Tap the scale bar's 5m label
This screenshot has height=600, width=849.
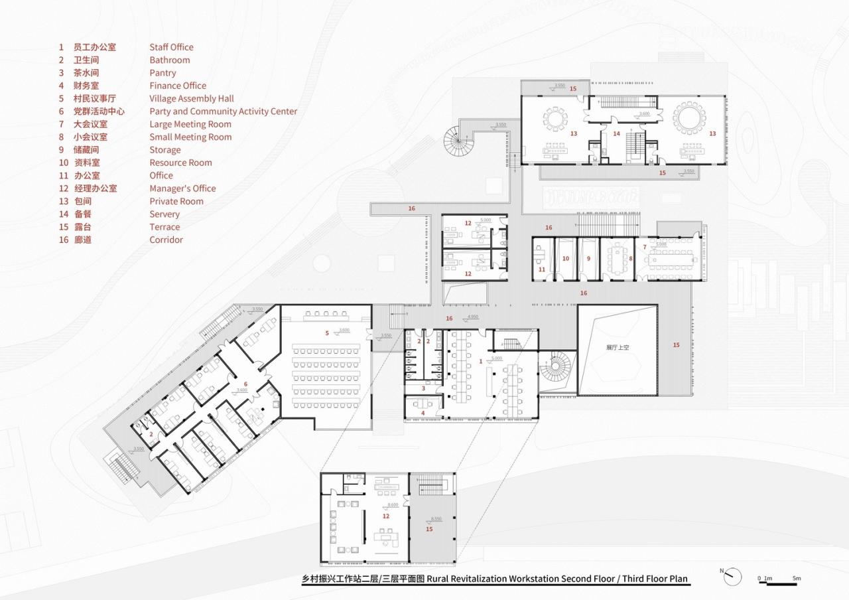(797, 579)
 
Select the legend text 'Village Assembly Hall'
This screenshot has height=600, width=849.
(192, 99)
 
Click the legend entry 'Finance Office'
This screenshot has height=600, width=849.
(178, 86)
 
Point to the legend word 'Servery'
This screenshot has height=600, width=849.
(164, 214)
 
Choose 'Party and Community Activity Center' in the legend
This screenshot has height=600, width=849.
(223, 112)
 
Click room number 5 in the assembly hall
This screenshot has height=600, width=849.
(327, 333)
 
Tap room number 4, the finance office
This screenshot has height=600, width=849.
(423, 413)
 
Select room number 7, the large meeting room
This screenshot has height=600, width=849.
(644, 247)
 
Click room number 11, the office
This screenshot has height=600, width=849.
(541, 269)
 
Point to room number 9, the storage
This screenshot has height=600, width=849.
(588, 258)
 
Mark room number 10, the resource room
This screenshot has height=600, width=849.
(565, 258)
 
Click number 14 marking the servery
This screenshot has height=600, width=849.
(616, 133)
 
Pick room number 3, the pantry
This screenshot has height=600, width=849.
(423, 388)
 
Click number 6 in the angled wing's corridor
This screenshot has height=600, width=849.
(245, 384)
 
